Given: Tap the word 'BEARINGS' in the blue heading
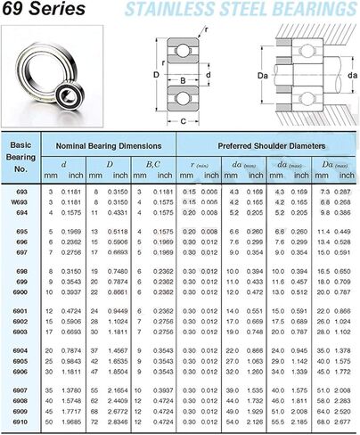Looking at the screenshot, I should point(313,11).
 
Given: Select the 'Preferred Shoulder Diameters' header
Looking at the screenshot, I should point(270,144).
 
